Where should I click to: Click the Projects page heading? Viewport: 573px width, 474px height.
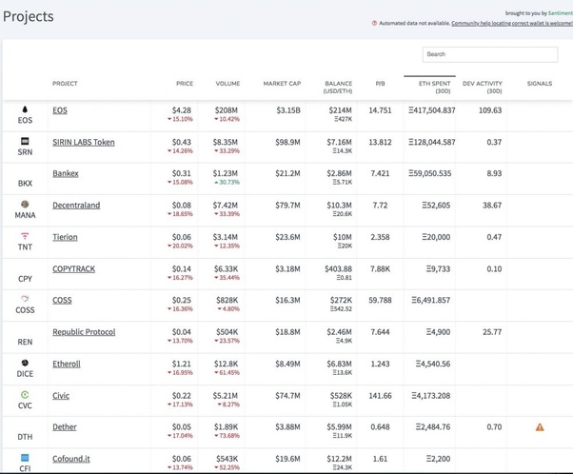point(30,17)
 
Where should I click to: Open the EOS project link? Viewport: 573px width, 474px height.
point(60,110)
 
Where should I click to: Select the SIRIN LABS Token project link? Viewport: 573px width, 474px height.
point(83,142)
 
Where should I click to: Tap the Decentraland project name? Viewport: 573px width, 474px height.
point(76,205)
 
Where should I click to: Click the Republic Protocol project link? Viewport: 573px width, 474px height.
point(84,332)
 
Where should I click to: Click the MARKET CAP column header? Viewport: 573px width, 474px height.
point(282,84)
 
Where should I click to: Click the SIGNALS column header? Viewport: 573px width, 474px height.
point(539,84)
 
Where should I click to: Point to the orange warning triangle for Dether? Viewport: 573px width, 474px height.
point(540,427)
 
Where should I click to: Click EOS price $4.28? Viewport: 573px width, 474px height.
point(182,110)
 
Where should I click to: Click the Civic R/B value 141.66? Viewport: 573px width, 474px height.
point(380,395)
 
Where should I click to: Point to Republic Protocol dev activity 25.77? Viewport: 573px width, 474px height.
point(491,332)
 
